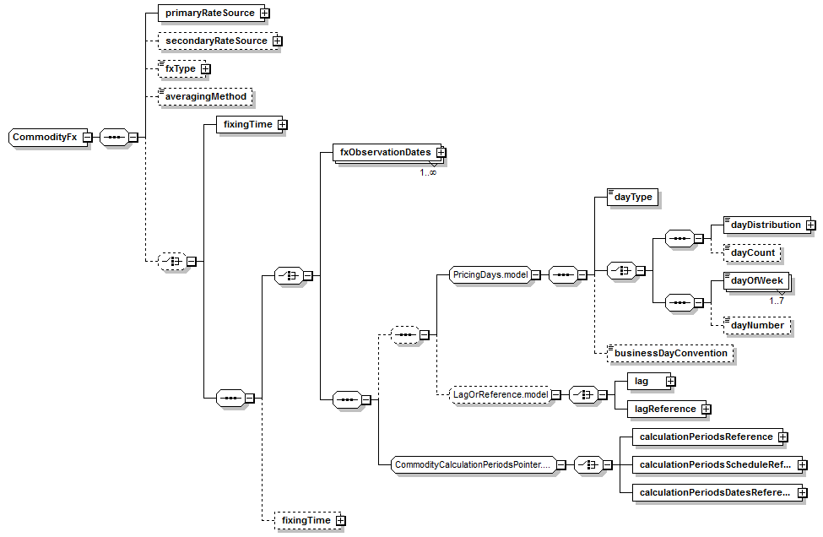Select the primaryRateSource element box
208,14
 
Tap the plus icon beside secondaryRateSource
277,41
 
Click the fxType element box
181,68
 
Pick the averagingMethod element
206,96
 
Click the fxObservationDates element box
385,153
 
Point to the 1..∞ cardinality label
428,172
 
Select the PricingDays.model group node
490,274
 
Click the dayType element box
633,197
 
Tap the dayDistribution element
766,225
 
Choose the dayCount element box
753,252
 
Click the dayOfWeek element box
758,280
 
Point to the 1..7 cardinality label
777,300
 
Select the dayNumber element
757,325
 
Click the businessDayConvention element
670,353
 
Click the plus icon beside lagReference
706,409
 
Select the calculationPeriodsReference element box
706,437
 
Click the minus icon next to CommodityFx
87,138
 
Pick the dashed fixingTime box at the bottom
306,521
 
